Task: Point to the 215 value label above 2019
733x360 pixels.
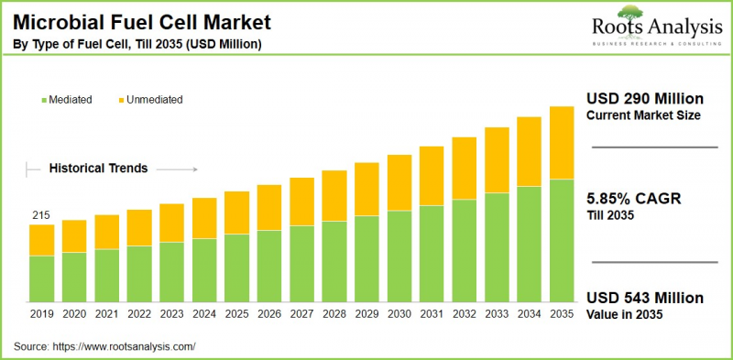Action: pos(41,216)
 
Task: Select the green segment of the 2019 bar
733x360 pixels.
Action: pos(41,279)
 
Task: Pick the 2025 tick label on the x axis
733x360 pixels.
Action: pos(237,314)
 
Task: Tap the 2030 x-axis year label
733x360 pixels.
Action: pos(399,314)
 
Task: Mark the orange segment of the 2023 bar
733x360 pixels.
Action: pos(172,223)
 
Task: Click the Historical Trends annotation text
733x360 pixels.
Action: pos(98,169)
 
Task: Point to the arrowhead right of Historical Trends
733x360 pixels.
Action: pos(194,169)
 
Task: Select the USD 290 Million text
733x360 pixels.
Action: pos(644,99)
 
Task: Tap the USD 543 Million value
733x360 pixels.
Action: pos(644,299)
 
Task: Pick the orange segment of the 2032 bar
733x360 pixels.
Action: pos(464,168)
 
